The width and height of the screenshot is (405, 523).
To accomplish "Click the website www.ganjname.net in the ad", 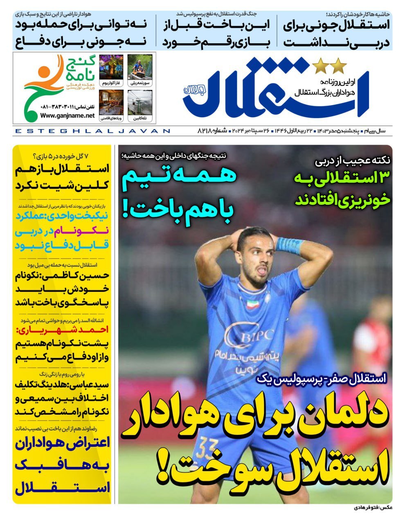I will click(67, 116).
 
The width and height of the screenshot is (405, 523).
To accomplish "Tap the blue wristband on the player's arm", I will click(290, 246).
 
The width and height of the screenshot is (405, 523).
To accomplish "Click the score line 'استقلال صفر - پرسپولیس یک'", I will click(321, 378).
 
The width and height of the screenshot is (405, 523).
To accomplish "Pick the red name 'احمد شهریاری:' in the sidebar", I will click(62, 329).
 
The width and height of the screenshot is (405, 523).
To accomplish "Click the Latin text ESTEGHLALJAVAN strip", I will click(92, 131).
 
